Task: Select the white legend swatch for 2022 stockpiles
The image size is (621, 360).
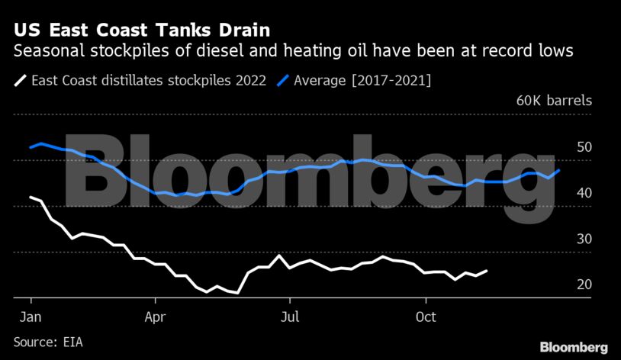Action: click(x=20, y=80)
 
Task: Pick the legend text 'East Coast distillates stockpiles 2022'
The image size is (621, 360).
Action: click(x=149, y=80)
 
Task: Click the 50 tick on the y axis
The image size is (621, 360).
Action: click(x=584, y=147)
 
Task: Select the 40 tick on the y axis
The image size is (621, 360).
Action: click(x=584, y=193)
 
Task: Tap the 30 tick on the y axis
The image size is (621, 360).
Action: click(x=584, y=239)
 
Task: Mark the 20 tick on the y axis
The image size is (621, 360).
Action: click(x=584, y=284)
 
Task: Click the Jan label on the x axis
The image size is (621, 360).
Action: click(x=31, y=315)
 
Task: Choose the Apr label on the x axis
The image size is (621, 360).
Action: click(x=155, y=315)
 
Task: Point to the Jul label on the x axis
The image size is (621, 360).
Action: click(x=289, y=315)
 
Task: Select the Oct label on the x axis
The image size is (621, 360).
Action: click(x=426, y=315)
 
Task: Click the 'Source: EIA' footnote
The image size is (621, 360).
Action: click(x=48, y=342)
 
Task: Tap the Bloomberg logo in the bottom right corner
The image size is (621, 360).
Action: click(x=574, y=347)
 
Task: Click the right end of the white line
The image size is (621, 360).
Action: click(x=487, y=271)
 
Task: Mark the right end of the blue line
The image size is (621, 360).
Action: click(x=559, y=170)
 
